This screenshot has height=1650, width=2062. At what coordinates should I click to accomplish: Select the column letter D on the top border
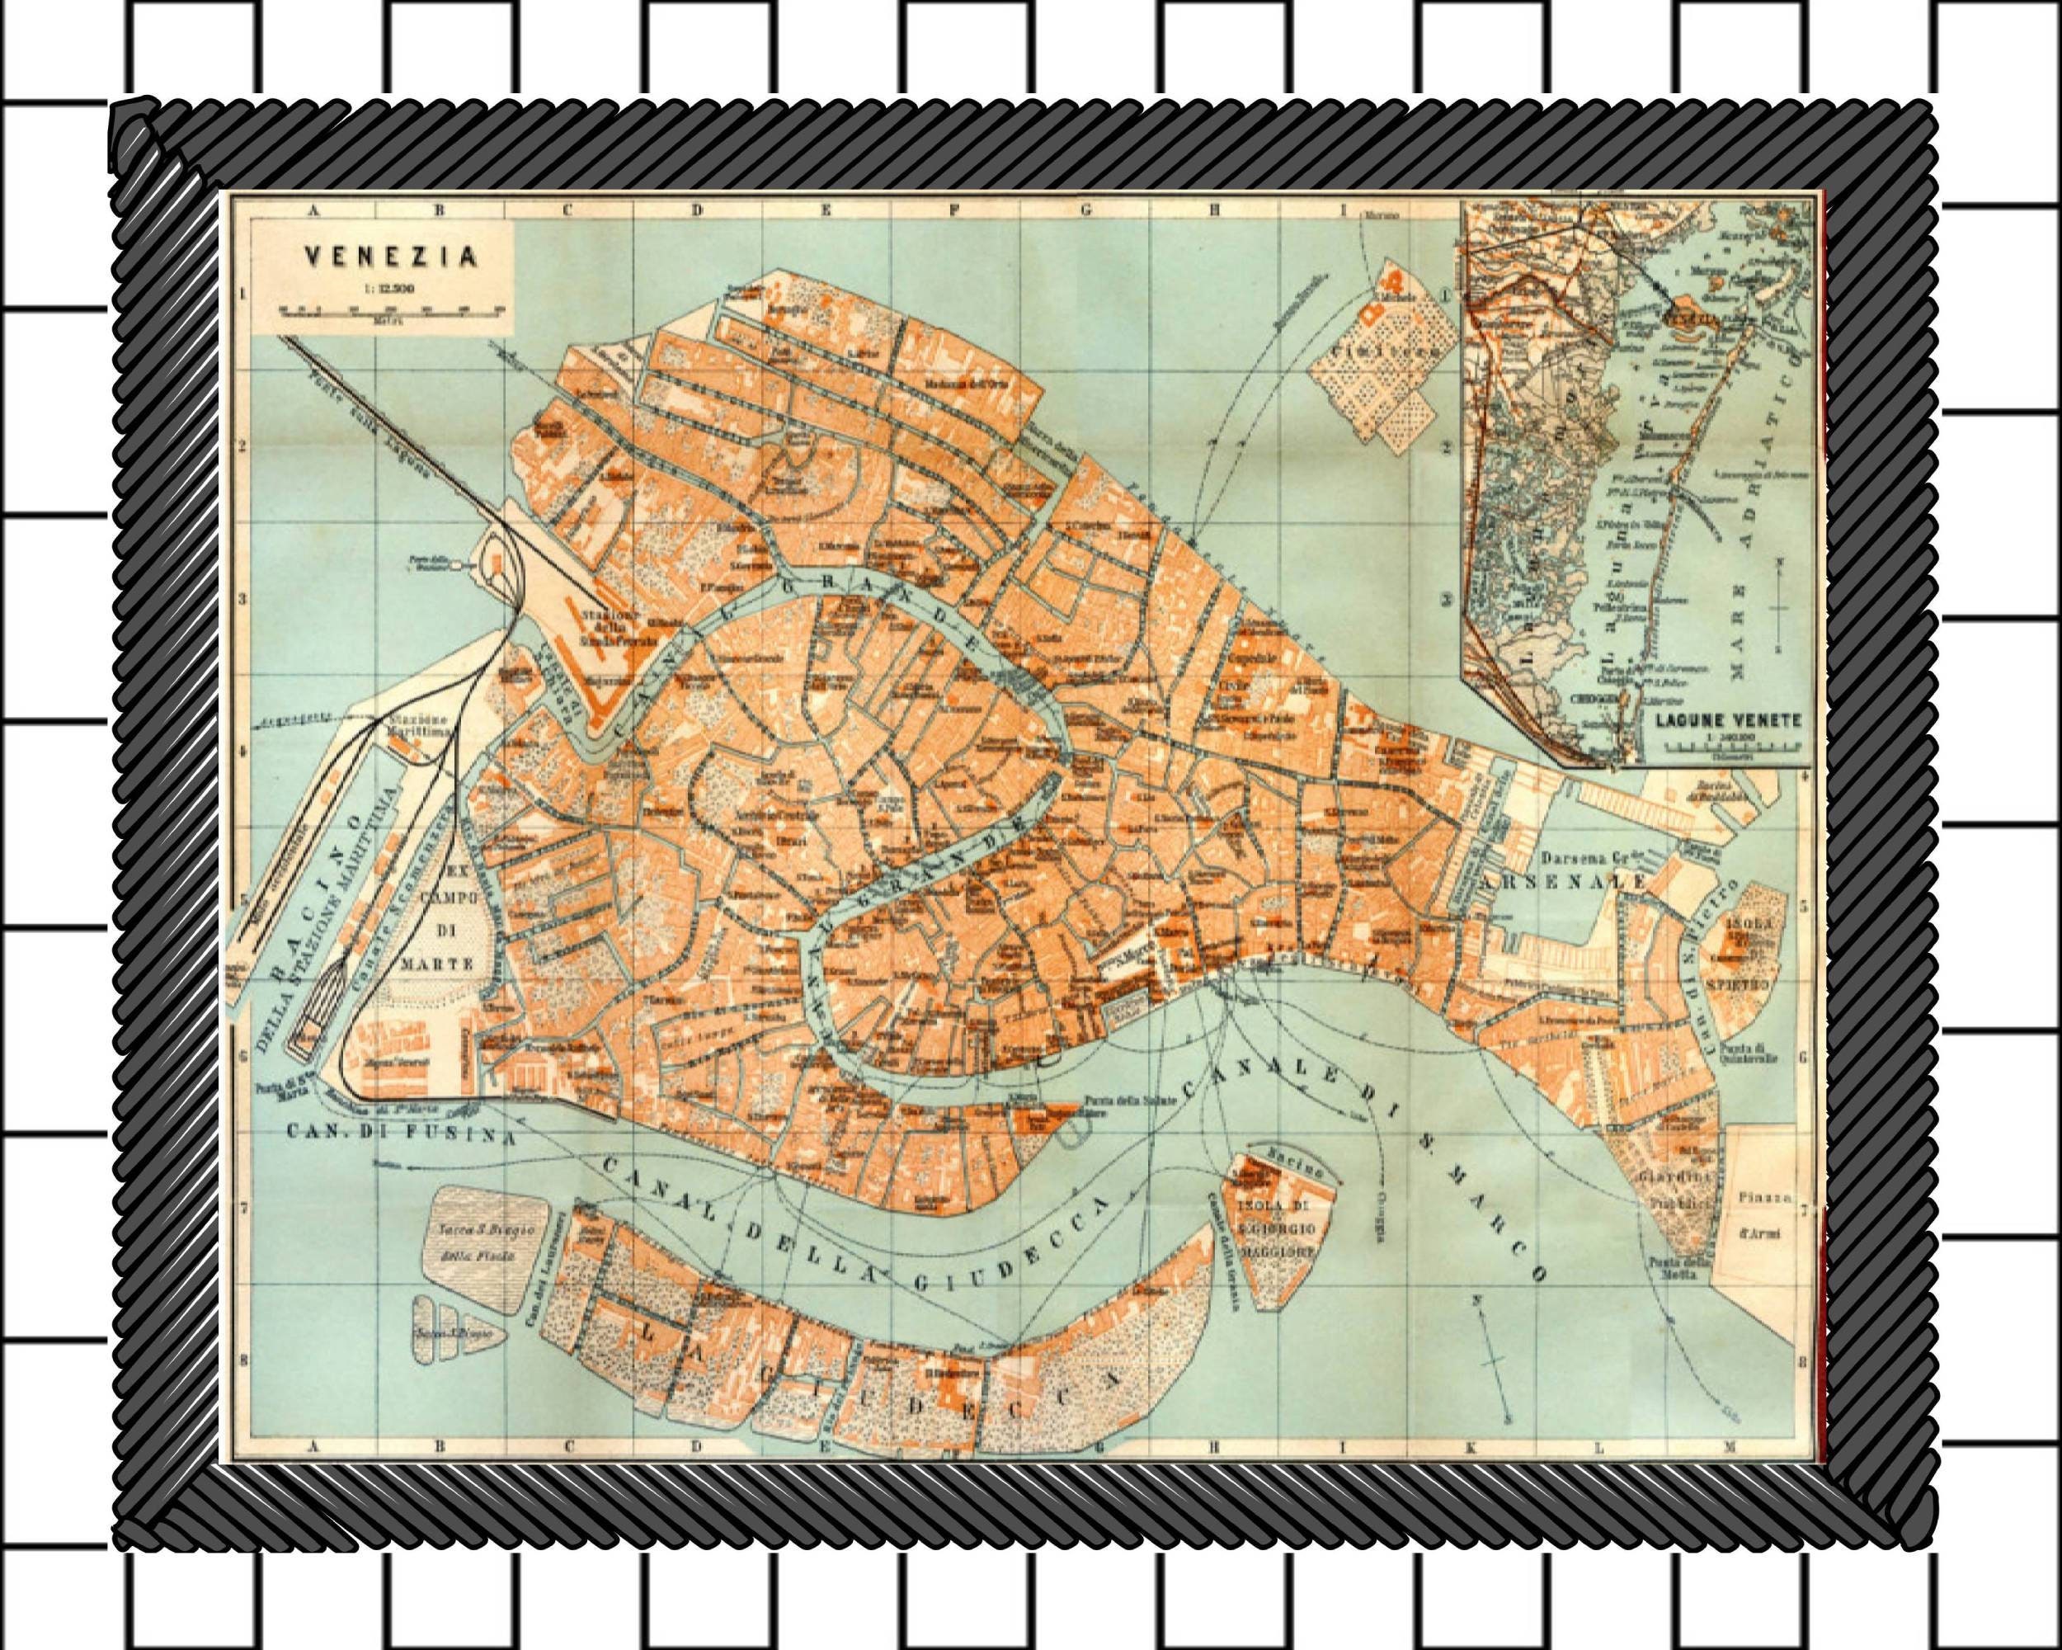point(696,210)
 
